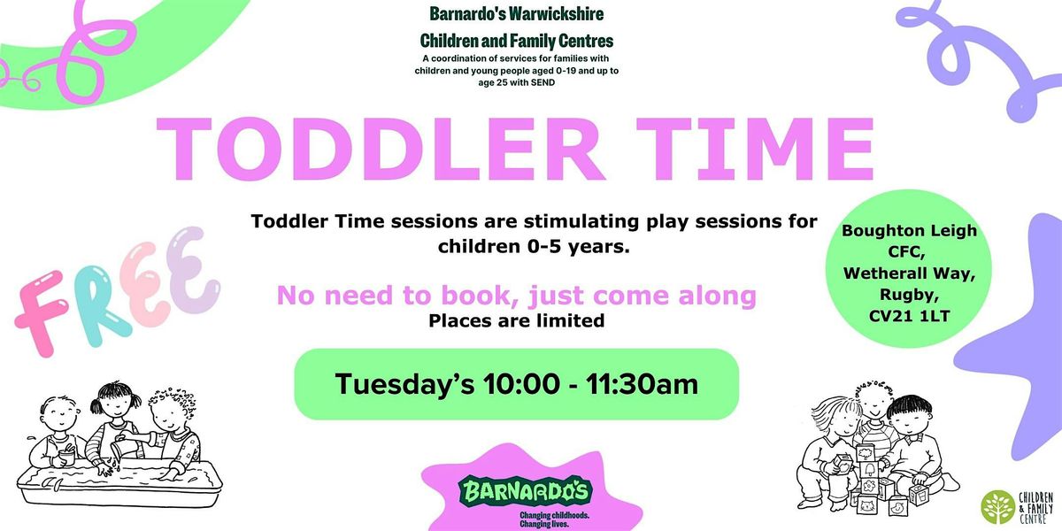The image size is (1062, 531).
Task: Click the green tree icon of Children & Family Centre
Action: pyautogui.click(x=998, y=506)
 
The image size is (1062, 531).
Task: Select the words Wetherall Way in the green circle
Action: pyautogui.click(x=911, y=273)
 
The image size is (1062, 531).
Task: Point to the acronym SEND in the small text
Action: pyautogui.click(x=539, y=82)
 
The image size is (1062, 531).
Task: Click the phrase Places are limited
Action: pyautogui.click(x=517, y=321)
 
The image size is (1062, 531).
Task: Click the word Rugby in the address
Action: pyautogui.click(x=911, y=294)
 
